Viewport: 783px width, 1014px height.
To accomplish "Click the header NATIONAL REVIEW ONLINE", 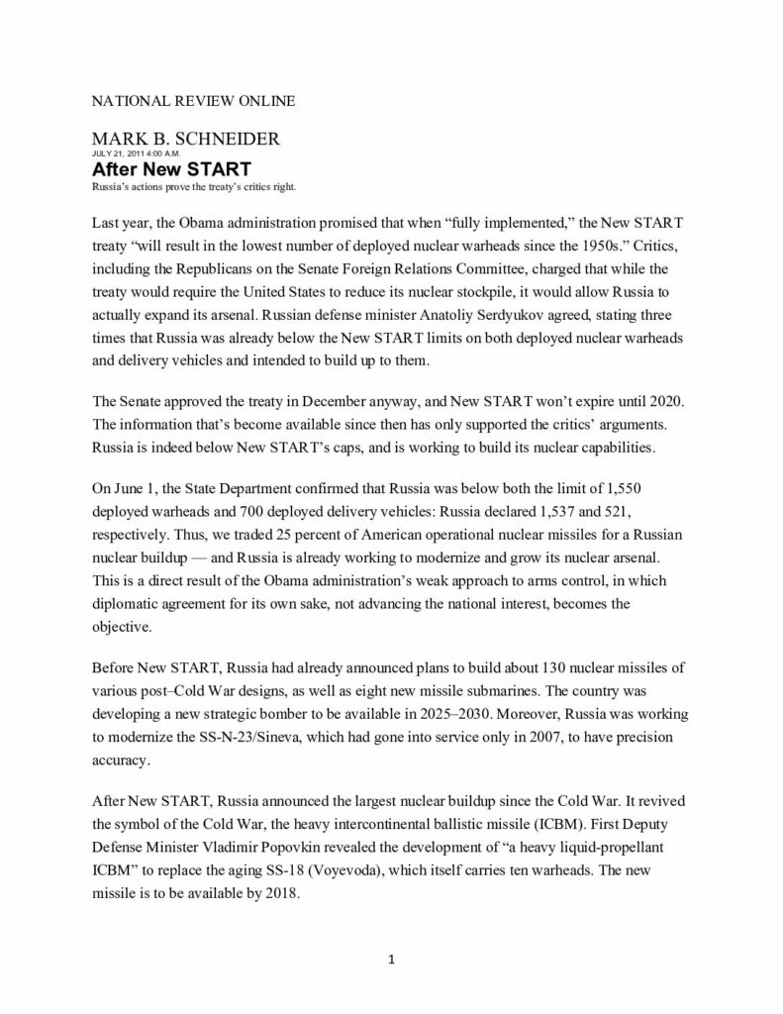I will (193, 102).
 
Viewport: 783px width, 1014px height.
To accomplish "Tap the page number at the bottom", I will (392, 959).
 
